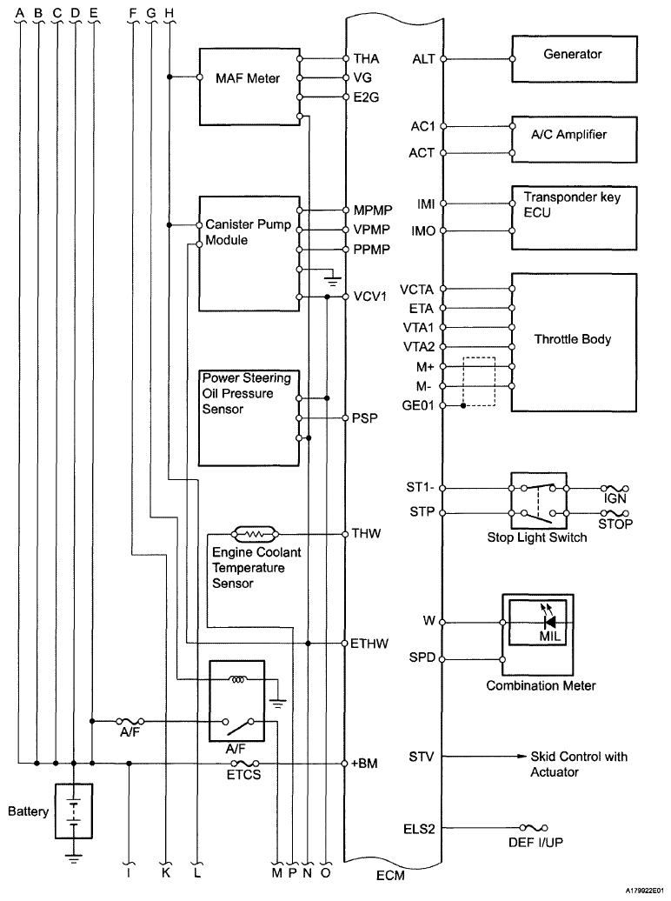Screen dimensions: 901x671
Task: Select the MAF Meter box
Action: click(x=248, y=79)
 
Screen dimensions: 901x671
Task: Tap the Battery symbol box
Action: click(x=73, y=811)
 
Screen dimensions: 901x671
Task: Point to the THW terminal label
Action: click(x=362, y=532)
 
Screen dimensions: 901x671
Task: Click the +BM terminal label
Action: click(x=362, y=764)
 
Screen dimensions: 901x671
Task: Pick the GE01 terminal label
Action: click(x=419, y=405)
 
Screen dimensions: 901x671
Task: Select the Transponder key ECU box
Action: click(x=569, y=217)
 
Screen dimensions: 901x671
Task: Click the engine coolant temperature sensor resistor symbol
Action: click(x=255, y=532)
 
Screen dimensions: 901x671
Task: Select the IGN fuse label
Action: click(x=615, y=499)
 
